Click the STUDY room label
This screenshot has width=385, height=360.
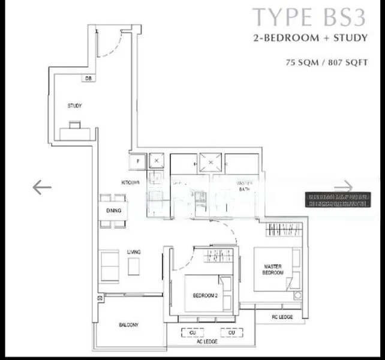[x=74, y=106]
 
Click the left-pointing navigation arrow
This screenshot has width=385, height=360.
[x=42, y=187]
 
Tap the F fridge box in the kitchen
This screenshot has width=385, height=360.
[x=137, y=161]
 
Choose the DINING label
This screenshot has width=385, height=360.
[x=115, y=211]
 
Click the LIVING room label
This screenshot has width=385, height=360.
[x=133, y=253]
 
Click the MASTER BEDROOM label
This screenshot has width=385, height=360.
[x=273, y=269]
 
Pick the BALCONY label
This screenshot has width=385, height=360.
[x=128, y=325]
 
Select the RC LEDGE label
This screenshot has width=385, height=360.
[x=282, y=316]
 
